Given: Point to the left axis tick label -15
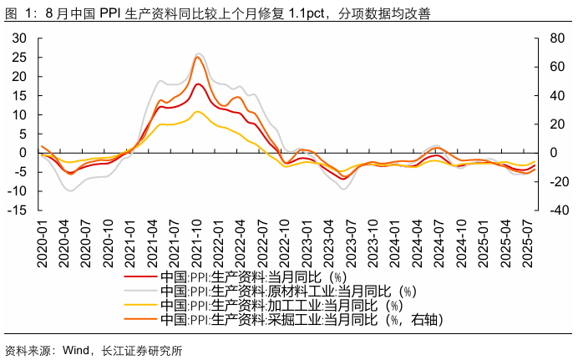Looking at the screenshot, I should pos(17,210).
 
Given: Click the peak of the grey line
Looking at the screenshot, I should pos(199,53).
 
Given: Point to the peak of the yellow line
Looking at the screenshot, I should pos(197,111).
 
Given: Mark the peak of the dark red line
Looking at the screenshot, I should pos(198,84).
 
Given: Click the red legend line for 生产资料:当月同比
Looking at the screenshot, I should pos(139,276).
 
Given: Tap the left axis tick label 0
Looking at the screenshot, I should pos(23,153).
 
